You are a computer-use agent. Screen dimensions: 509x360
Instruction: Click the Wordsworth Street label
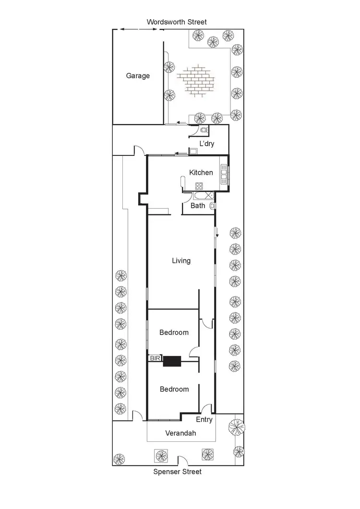point(177,22)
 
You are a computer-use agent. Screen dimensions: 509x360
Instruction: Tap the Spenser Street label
point(177,472)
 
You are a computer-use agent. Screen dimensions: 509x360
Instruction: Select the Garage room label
point(138,76)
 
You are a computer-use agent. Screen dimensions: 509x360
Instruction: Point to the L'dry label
point(207,144)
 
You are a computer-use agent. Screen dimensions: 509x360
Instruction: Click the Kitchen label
point(201,173)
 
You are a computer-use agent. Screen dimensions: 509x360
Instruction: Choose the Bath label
point(198,206)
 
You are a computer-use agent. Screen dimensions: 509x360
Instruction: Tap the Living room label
point(181,260)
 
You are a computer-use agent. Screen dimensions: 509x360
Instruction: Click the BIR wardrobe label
point(155,358)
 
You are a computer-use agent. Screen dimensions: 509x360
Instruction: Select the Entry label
point(204,420)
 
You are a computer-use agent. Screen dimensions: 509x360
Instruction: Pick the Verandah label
point(180,433)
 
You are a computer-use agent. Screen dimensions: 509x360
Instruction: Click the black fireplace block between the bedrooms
point(171,361)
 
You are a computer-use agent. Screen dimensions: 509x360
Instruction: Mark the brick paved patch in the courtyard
point(196,82)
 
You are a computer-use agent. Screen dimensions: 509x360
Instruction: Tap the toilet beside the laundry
point(204,130)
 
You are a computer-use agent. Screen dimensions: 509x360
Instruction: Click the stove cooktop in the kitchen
point(199,186)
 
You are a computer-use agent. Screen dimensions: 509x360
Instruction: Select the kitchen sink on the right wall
point(224,174)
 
